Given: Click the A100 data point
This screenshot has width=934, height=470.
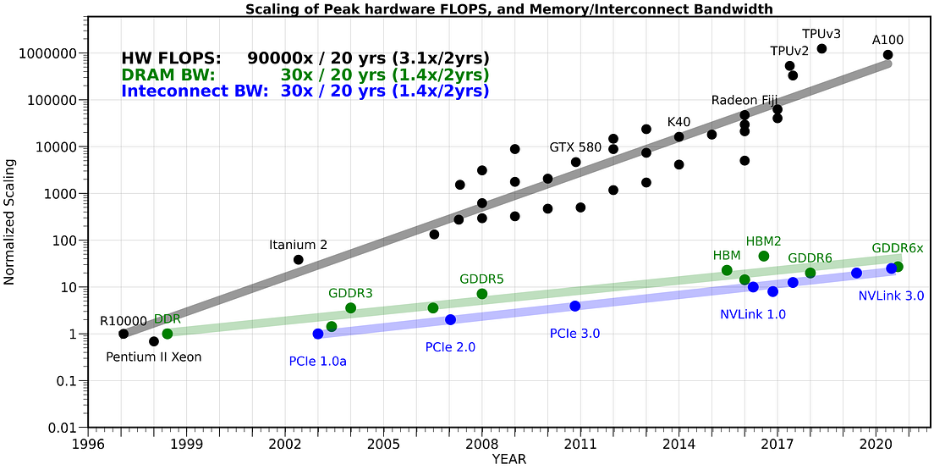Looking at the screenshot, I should click(887, 55).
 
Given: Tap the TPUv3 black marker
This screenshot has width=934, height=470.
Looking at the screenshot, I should click(821, 49).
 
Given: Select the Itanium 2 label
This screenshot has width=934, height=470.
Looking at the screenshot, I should click(298, 246).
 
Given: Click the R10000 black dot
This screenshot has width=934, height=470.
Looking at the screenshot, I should click(124, 334).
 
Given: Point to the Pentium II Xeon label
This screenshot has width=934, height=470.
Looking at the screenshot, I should click(154, 357).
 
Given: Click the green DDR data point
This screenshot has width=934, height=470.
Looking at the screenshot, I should click(168, 334).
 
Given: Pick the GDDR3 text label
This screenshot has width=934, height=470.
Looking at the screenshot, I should click(350, 293).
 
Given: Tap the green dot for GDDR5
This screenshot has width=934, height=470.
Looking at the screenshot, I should click(482, 294).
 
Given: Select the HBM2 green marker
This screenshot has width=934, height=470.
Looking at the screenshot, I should click(764, 256).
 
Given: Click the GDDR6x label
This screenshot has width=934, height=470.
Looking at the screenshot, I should click(898, 248).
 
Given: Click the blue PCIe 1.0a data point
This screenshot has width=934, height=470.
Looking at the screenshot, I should click(318, 334).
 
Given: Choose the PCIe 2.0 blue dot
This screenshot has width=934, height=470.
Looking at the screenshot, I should click(450, 319).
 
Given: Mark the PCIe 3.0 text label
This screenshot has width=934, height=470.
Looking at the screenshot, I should click(574, 334).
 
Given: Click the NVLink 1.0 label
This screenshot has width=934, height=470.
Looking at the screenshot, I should click(753, 314).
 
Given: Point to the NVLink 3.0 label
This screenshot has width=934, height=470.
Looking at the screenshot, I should click(891, 296).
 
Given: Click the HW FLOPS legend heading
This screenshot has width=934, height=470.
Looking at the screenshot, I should click(172, 58).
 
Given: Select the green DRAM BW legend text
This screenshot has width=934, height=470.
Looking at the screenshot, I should click(168, 75).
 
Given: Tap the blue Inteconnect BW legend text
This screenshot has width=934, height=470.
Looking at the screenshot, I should click(195, 91).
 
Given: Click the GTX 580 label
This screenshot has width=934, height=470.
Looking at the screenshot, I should click(575, 147).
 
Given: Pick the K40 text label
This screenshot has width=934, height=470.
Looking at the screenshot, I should click(679, 122).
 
